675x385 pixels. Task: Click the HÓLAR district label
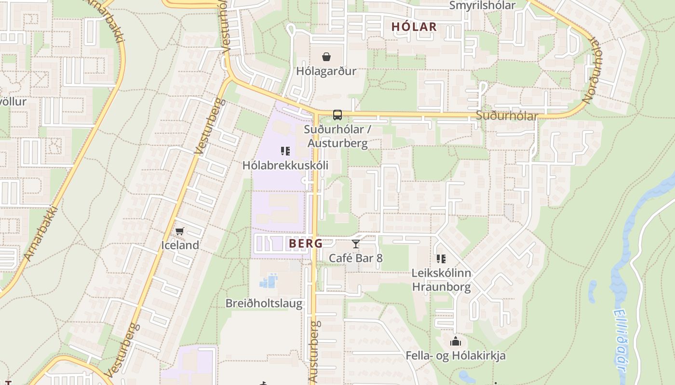pyautogui.click(x=414, y=27)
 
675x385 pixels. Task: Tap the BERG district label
pyautogui.click(x=306, y=244)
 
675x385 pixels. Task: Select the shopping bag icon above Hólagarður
pyautogui.click(x=326, y=57)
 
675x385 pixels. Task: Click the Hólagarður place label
pyautogui.click(x=326, y=71)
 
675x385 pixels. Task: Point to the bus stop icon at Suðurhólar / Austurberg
pyautogui.click(x=337, y=115)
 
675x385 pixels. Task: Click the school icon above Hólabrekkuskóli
pyautogui.click(x=285, y=152)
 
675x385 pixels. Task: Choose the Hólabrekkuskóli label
pyautogui.click(x=285, y=166)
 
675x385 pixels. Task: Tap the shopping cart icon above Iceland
pyautogui.click(x=180, y=231)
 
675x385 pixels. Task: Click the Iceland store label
pyautogui.click(x=180, y=245)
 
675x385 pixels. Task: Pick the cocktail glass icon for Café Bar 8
pyautogui.click(x=356, y=244)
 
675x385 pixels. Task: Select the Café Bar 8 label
pyautogui.click(x=356, y=258)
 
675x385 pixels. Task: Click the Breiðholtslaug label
pyautogui.click(x=264, y=304)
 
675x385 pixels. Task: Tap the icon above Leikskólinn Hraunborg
pyautogui.click(x=441, y=259)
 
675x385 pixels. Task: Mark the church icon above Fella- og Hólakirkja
pyautogui.click(x=456, y=342)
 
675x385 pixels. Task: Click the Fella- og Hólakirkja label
pyautogui.click(x=456, y=356)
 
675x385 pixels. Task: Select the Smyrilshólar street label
pyautogui.click(x=482, y=5)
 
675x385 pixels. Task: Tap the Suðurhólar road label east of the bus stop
pyautogui.click(x=506, y=116)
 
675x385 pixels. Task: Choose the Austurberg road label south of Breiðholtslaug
pyautogui.click(x=314, y=352)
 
